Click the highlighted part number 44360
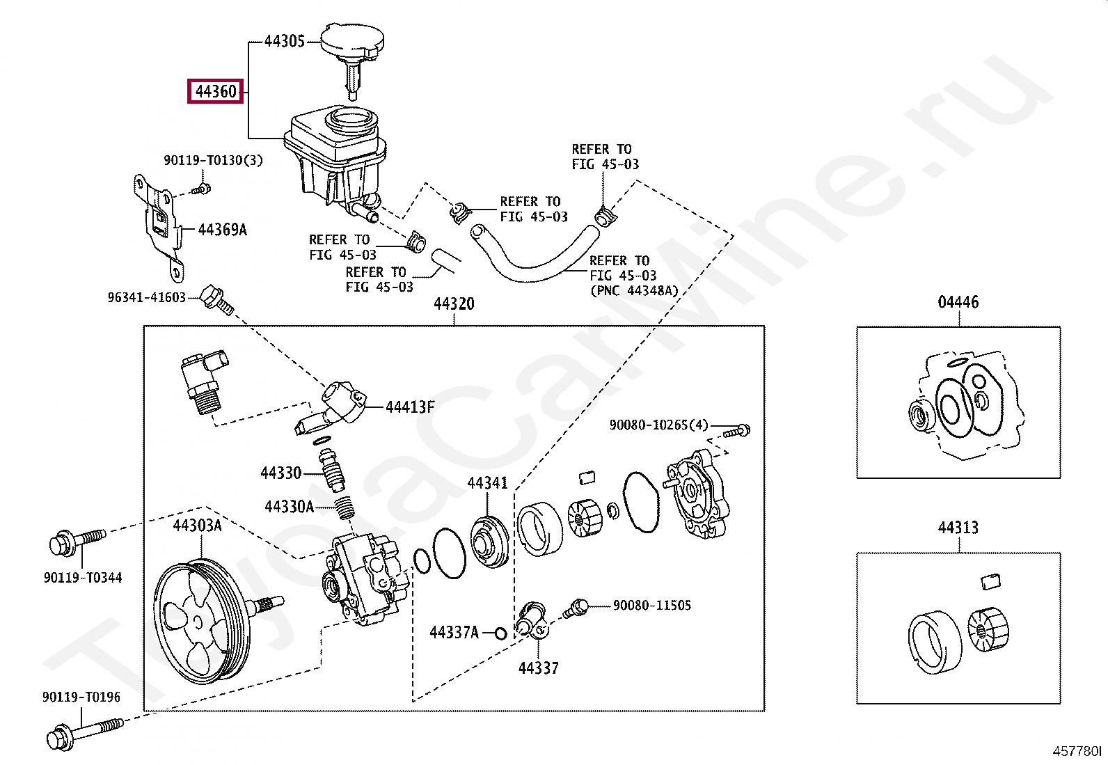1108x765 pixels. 215,91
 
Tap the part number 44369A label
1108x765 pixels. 222,230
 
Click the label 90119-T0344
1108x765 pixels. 82,577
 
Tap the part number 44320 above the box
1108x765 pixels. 454,304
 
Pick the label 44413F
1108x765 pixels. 410,407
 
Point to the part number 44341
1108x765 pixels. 487,482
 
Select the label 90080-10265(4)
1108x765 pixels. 658,425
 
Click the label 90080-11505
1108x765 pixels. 651,605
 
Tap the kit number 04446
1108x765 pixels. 958,302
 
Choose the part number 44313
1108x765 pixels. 958,528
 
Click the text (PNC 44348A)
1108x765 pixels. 633,290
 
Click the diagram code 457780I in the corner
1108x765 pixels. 1077,751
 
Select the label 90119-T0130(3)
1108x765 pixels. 213,160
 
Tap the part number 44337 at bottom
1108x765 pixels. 538,668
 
